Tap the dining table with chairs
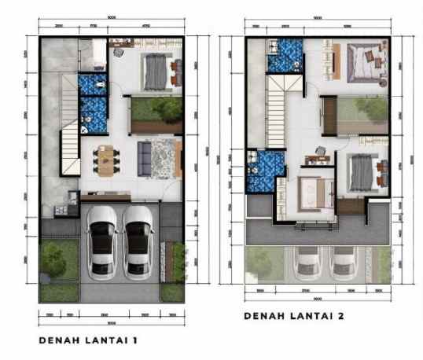pos(105,160)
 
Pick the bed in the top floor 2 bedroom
pos(365,61)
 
